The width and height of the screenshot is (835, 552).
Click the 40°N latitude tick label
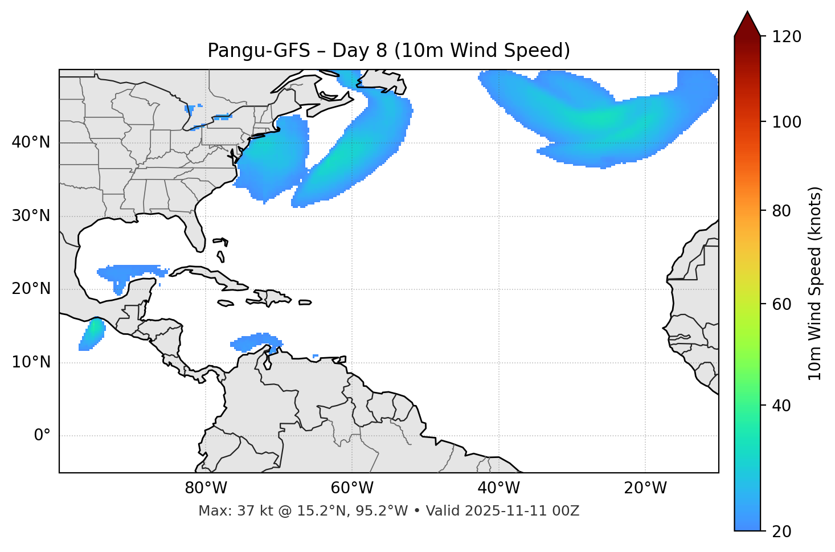coord(31,142)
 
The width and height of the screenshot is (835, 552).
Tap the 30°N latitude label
coord(31,216)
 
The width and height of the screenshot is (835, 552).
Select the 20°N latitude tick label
coord(31,289)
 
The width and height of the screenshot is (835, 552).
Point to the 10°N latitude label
coord(31,362)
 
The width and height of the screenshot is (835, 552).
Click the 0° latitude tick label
coord(42,436)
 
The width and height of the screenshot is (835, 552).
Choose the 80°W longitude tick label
coord(206,488)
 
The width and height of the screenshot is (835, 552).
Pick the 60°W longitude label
coord(352,488)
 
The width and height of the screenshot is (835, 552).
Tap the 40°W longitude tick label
coord(498,488)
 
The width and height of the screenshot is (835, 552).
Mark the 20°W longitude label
coord(645,488)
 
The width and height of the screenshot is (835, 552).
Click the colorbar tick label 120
coord(787,37)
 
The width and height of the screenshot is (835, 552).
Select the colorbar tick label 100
coord(787,122)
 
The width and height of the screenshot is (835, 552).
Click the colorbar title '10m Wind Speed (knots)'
coord(815,283)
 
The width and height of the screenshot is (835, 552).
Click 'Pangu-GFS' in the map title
coord(259,51)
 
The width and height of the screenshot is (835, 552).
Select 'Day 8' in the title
coord(359,51)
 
